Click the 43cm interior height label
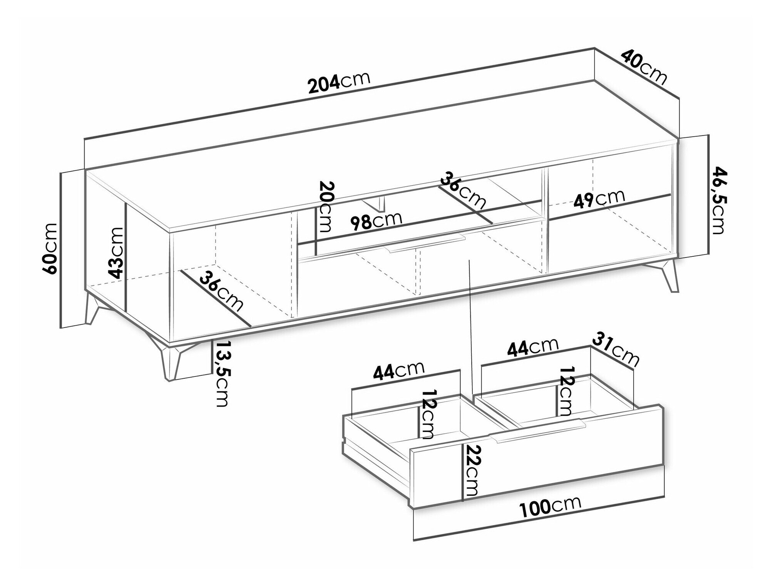[x=115, y=253]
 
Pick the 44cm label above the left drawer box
[x=398, y=371]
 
